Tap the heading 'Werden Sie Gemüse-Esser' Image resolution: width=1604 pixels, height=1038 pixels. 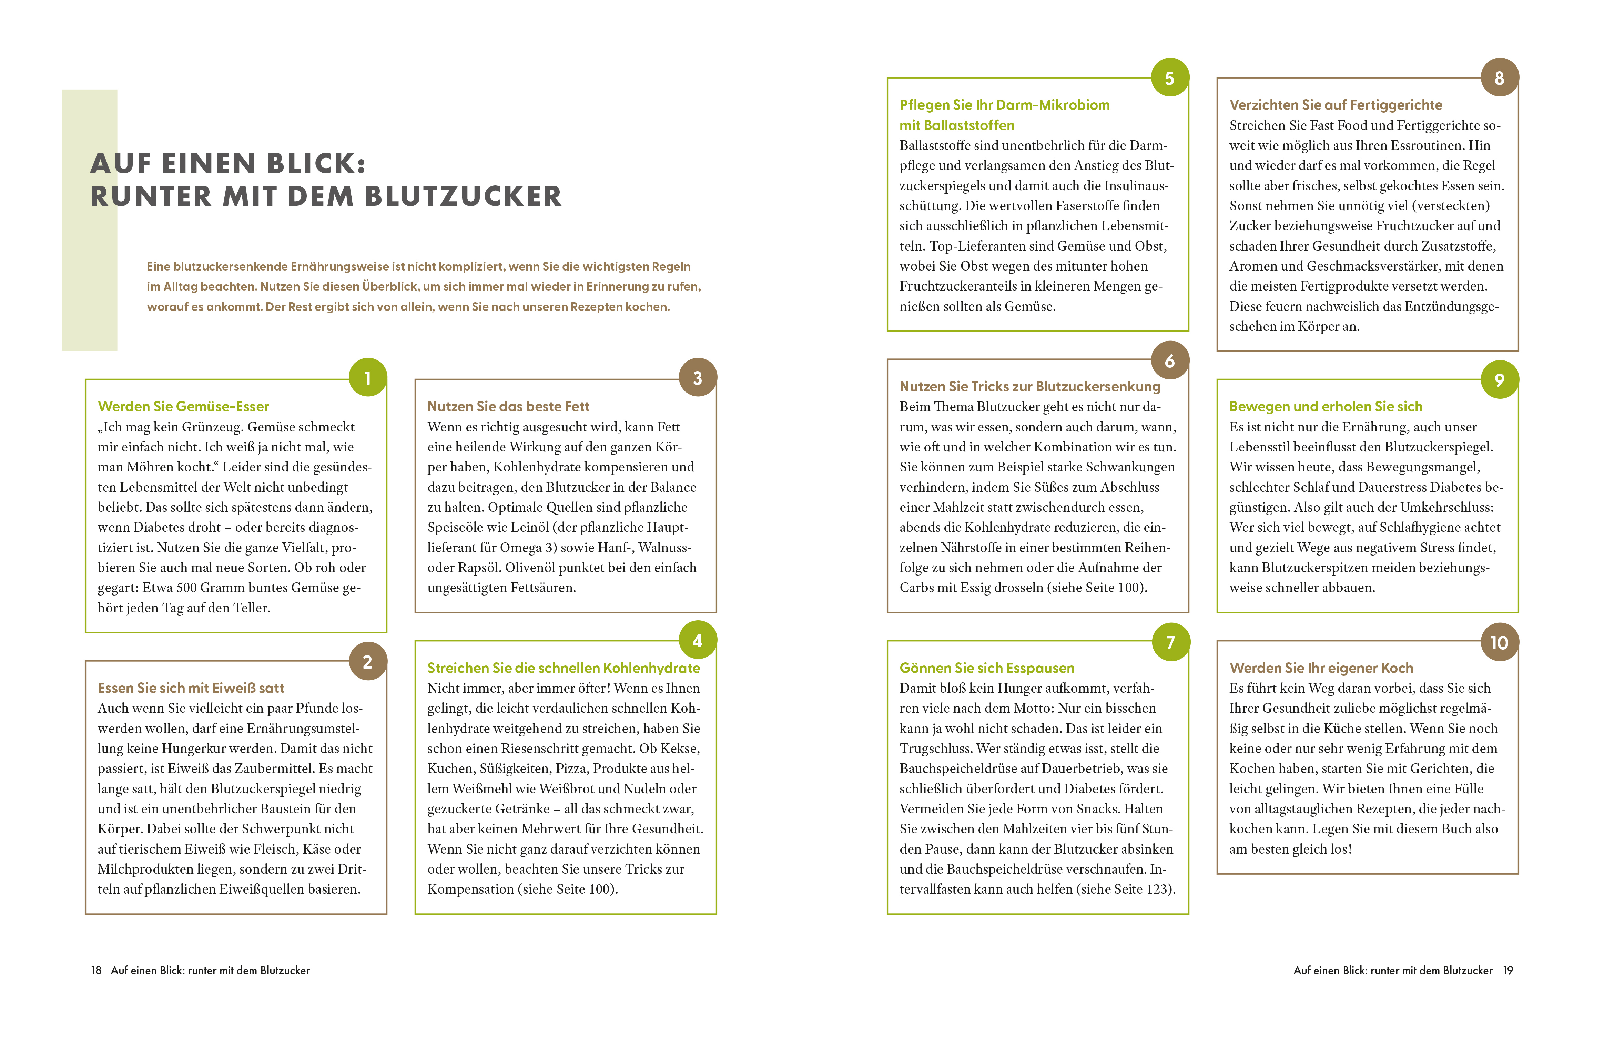pyautogui.click(x=183, y=406)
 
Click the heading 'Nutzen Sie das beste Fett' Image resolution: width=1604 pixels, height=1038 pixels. pyautogui.click(x=508, y=406)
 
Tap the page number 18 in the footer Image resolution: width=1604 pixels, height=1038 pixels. pyautogui.click(x=96, y=970)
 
